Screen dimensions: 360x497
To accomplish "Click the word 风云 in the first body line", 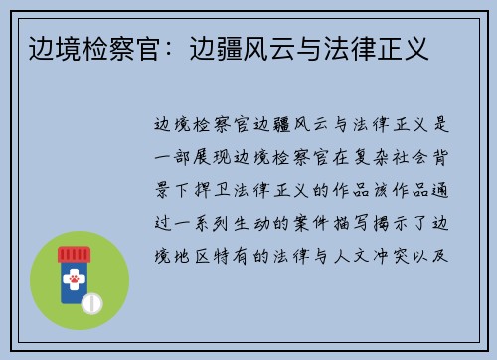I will (x=315, y=123).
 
